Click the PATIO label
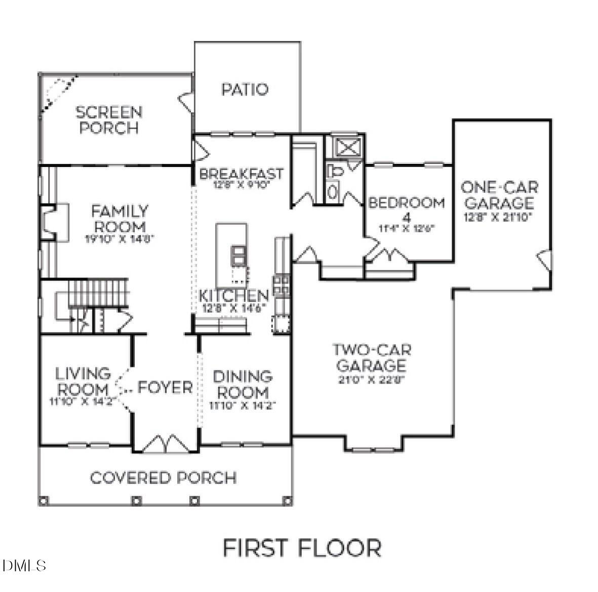tap(245, 90)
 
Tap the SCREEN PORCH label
tap(109, 120)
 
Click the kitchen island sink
tap(238, 255)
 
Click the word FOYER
tap(165, 388)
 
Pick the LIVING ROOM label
tap(83, 382)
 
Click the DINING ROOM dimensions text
tap(242, 405)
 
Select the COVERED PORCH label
tap(163, 478)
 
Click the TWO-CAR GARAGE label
tap(371, 357)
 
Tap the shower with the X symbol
tap(347, 147)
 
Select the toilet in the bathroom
tap(335, 171)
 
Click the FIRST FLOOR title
tap(302, 548)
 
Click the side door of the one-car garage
tap(543, 260)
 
